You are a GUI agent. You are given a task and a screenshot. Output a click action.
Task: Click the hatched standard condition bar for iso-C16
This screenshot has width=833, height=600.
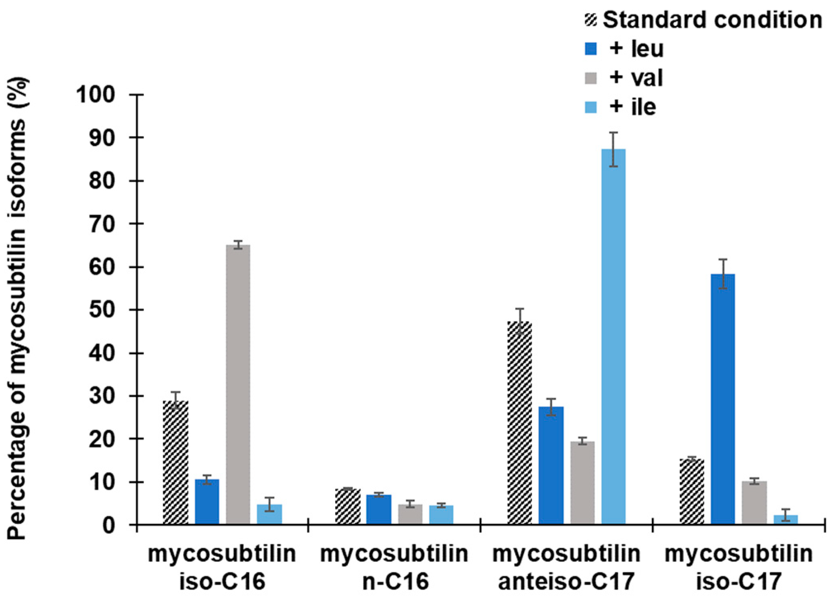tap(176, 462)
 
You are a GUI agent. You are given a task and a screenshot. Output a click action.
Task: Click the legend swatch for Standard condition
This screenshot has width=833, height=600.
tap(591, 21)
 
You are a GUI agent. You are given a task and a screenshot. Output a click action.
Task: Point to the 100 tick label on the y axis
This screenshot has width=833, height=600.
tap(96, 95)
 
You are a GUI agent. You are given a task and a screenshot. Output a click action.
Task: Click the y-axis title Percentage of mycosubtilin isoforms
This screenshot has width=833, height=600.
tap(18, 308)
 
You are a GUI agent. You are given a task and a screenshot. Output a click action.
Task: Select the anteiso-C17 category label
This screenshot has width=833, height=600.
tap(566, 567)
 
